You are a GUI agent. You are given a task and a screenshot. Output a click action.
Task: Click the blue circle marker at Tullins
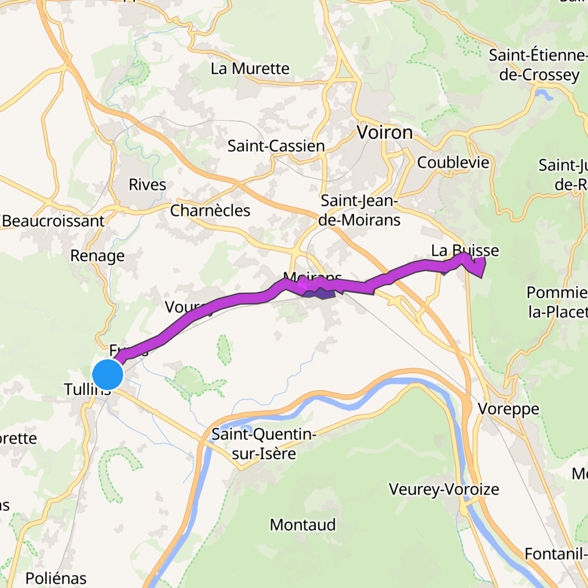click(x=108, y=374)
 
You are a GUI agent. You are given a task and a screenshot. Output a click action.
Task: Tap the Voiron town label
click(x=385, y=133)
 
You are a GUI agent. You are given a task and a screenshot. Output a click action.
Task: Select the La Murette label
click(x=250, y=69)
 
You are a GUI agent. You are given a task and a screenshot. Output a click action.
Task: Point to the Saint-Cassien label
click(x=276, y=146)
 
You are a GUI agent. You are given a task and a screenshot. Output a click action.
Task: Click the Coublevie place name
click(x=453, y=163)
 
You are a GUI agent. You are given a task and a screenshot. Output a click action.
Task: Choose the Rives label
click(x=147, y=185)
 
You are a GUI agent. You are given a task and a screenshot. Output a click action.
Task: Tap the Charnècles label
click(x=210, y=211)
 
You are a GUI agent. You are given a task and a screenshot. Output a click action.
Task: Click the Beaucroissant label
click(x=53, y=221)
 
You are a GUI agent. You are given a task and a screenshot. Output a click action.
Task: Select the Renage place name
click(x=98, y=256)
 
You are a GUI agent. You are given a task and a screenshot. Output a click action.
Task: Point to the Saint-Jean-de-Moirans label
click(x=359, y=210)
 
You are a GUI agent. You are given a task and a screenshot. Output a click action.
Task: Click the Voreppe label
click(x=508, y=409)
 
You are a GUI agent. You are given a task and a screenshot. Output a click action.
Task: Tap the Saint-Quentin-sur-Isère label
click(x=264, y=444)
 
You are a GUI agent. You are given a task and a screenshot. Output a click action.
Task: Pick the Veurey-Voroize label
click(x=444, y=489)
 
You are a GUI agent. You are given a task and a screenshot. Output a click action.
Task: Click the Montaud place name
click(x=303, y=525)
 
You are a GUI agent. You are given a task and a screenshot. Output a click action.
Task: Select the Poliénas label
click(x=56, y=578)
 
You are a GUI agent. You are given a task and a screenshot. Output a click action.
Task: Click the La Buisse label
click(x=465, y=250)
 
